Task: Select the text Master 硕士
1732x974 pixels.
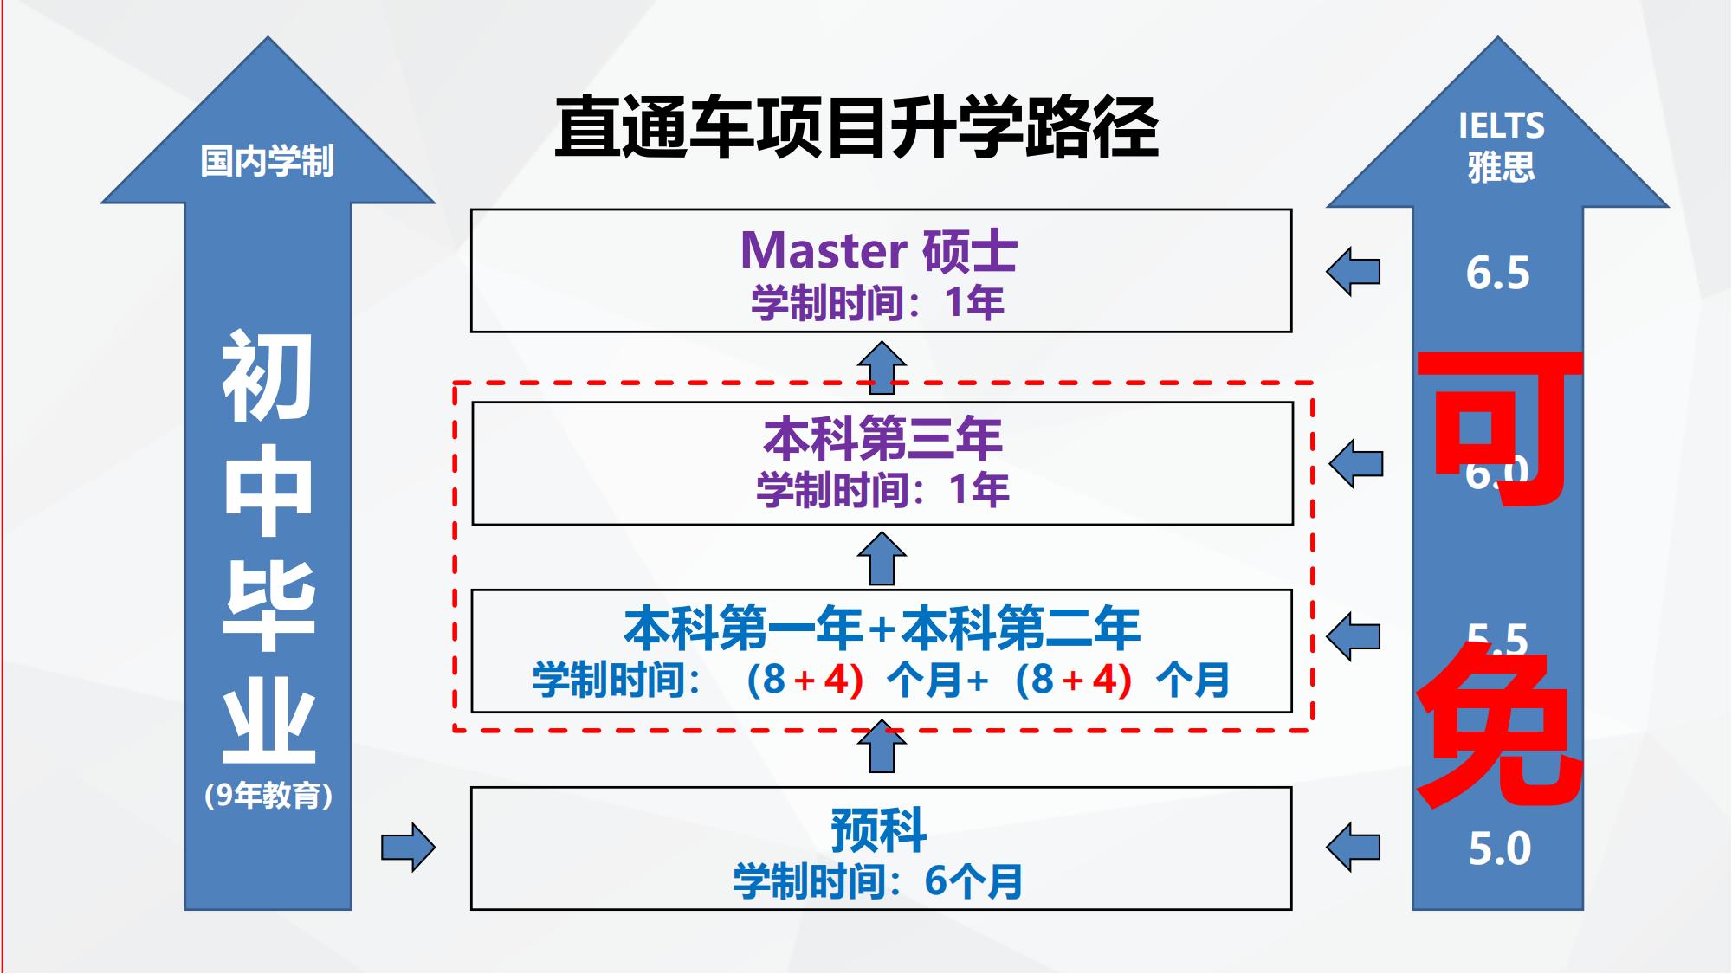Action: pos(878,251)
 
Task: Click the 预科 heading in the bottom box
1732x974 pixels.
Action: pos(878,830)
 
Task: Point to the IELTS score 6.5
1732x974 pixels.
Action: pos(1497,274)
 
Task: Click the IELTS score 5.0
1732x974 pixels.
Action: pos(1499,848)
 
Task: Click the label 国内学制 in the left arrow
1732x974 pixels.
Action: pos(267,161)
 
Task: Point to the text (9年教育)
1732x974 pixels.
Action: pos(268,796)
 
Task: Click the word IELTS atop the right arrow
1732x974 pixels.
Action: pos(1501,126)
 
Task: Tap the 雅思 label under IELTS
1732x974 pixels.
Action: pos(1501,166)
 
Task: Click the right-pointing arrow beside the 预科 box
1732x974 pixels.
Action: pos(408,847)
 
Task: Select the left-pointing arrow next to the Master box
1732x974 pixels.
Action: pos(1353,272)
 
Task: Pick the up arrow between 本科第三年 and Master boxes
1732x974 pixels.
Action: pos(882,366)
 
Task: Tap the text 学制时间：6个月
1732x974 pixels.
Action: pos(878,881)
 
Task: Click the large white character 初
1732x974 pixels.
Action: pos(268,377)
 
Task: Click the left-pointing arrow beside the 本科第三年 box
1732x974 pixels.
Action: pos(1355,464)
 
